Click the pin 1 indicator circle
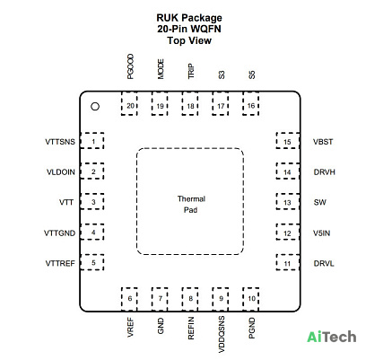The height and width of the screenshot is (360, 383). tap(95, 107)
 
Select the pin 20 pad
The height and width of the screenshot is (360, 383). tap(129, 103)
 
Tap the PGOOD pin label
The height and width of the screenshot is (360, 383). tap(130, 66)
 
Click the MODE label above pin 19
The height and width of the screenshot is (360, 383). tap(161, 69)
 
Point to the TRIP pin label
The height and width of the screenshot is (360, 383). tap(191, 71)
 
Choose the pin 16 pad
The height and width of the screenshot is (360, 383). tap(251, 103)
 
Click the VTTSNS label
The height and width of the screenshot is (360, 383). tap(60, 142)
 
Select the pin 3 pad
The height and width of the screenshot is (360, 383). tap(92, 201)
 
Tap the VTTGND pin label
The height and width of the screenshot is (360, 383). tap(59, 233)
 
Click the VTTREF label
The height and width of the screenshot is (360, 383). tap(60, 263)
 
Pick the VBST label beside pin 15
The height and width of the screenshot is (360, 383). tap(323, 142)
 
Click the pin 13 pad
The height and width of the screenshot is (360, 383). tap(288, 201)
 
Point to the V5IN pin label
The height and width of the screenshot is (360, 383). tap(322, 233)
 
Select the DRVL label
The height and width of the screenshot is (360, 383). tap(324, 263)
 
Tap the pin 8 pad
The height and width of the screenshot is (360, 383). tap(190, 299)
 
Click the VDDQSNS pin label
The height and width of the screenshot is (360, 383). tap(222, 334)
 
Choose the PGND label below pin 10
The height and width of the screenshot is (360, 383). tap(252, 328)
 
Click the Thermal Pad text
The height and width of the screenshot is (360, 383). tap(191, 205)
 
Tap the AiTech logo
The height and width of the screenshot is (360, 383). tap(332, 337)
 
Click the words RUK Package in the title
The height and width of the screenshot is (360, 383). tap(189, 18)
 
